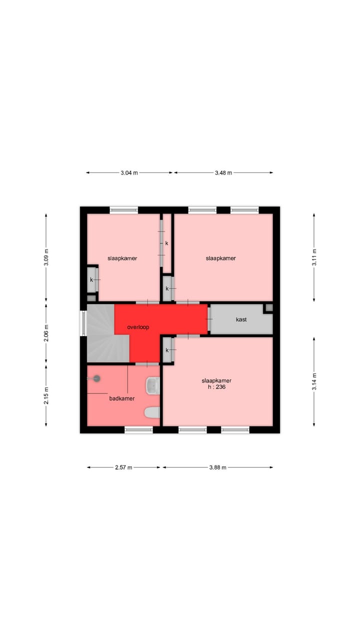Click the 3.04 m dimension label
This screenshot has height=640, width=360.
point(129,173)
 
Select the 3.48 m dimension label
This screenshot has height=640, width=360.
point(223,173)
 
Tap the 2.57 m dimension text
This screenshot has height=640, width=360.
point(123,467)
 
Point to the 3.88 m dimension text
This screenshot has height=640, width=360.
point(217,467)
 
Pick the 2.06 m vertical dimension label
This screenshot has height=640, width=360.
point(46,333)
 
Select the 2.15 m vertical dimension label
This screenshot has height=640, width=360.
point(46,395)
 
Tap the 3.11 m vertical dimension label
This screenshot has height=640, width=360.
point(314,257)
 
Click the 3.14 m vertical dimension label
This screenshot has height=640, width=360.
point(314,381)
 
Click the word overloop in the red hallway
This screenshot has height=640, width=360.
point(138,327)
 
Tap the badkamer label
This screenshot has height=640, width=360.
point(122,398)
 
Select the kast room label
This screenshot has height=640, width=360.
point(241,319)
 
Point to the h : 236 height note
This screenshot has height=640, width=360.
point(216,386)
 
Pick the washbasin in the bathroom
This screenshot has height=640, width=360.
point(152,384)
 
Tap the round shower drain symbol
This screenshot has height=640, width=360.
point(96,378)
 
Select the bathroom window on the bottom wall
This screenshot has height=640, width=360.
point(138,429)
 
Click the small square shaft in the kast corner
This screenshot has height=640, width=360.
point(269,307)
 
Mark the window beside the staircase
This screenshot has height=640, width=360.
point(83,323)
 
